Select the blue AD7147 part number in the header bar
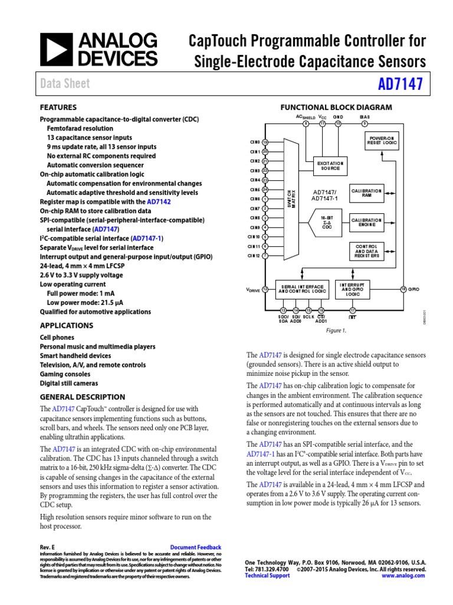click(x=401, y=84)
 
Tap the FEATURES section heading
click(x=58, y=108)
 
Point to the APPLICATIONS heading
click(x=66, y=326)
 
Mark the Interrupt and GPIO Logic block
click(x=353, y=290)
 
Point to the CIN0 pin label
click(x=255, y=142)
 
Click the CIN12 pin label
click(x=254, y=255)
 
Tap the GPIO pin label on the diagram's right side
click(x=413, y=289)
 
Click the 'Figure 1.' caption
click(x=335, y=331)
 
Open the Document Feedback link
click(x=195, y=548)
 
